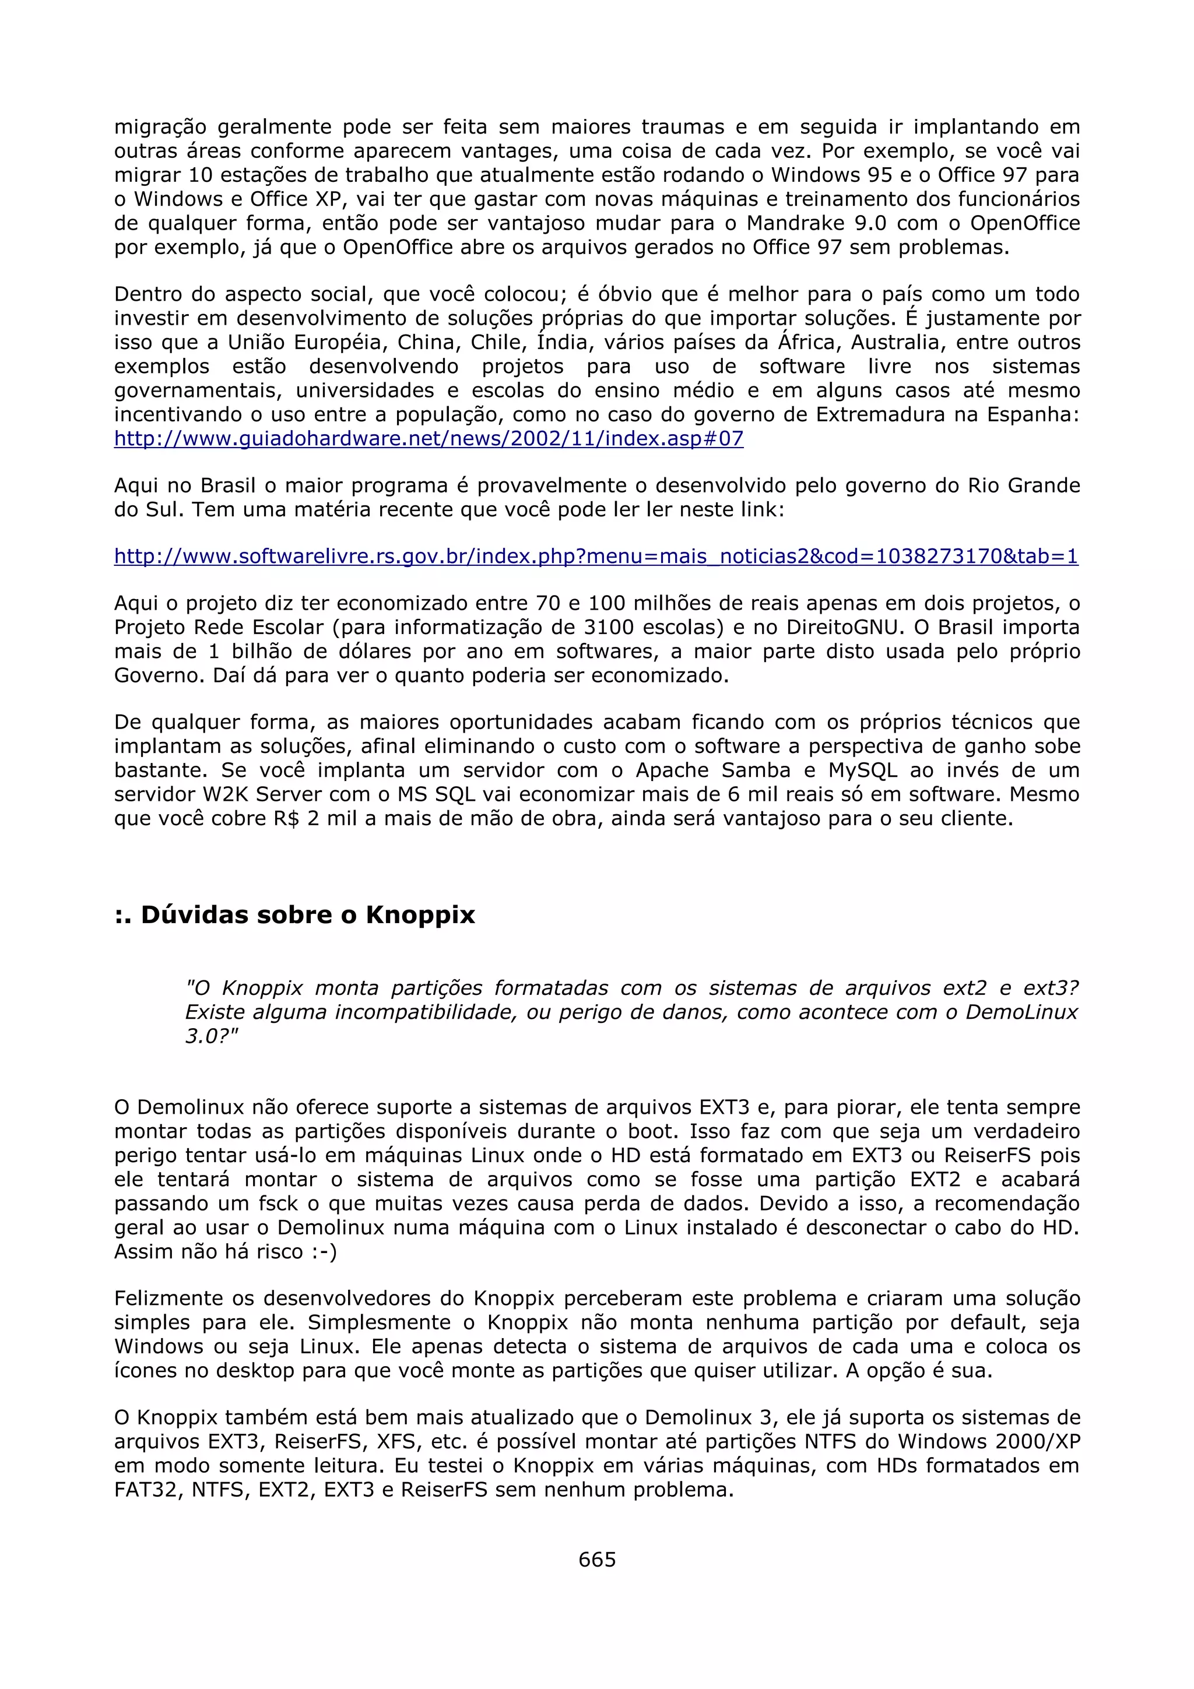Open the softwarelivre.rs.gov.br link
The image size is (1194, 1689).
596,556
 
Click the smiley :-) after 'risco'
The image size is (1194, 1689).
323,1251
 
